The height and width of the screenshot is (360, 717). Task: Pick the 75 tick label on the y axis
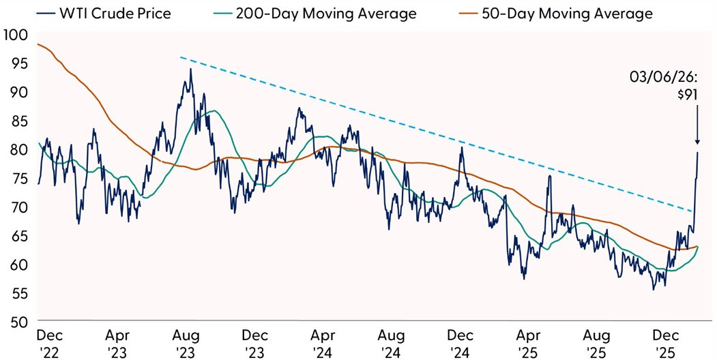point(16,179)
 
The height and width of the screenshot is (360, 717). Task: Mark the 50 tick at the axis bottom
point(16,321)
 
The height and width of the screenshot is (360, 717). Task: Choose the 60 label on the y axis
point(16,264)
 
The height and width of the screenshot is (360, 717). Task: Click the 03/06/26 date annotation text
point(673,78)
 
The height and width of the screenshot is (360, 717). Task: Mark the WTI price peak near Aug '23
point(190,69)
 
